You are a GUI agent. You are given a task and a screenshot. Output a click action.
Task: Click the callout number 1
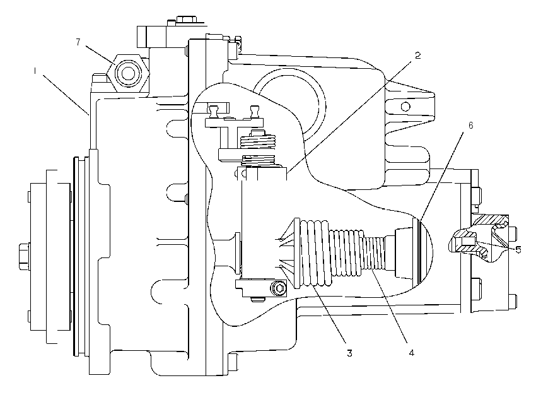[35, 71]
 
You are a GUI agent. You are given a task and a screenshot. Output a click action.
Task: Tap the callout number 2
[417, 56]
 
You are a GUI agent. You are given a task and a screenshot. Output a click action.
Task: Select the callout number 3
[349, 353]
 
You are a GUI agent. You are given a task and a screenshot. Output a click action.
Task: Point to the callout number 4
[412, 353]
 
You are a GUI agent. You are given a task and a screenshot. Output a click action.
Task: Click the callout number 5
[518, 249]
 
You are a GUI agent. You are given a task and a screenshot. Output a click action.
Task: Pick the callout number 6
[470, 126]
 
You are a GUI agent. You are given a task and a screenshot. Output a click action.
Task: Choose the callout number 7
[78, 42]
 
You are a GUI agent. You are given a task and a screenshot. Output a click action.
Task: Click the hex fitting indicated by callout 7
[128, 73]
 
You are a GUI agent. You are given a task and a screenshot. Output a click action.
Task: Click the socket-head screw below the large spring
[279, 288]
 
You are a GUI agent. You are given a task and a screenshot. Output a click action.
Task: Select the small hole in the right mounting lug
[405, 107]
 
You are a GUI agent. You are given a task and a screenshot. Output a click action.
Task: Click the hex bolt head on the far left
[24, 256]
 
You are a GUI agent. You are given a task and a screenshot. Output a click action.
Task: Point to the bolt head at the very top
[185, 19]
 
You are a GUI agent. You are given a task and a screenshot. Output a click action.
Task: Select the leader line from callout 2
[349, 116]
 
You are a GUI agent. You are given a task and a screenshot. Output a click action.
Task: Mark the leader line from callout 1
[66, 95]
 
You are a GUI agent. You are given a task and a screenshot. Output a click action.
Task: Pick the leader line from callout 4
[389, 305]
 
